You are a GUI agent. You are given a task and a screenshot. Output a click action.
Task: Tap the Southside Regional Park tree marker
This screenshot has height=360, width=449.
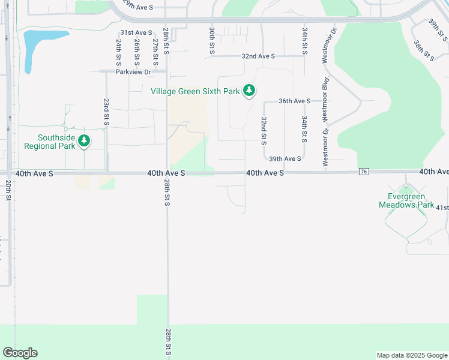coord(85,141)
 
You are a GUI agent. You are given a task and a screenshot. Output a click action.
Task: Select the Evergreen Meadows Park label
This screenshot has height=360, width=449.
coord(406,200)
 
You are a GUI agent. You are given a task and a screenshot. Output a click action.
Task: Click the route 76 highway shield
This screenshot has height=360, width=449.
coord(364,172)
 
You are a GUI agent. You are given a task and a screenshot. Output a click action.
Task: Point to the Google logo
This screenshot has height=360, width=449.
coord(20,353)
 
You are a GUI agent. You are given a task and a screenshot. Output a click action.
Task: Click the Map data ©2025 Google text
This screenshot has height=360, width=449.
coord(411,355)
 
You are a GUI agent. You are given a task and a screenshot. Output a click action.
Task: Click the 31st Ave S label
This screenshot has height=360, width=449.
coord(136,32)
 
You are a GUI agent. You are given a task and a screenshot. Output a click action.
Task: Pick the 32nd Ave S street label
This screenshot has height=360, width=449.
coord(258,56)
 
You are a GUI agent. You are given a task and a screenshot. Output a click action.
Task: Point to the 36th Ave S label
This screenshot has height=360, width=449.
coord(294,101)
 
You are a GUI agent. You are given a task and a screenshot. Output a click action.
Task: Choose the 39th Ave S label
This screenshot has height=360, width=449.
coord(285,159)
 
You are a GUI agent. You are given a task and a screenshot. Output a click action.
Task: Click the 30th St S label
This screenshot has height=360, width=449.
coord(212,40)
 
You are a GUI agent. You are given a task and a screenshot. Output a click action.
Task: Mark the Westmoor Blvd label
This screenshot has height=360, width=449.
coord(325,96)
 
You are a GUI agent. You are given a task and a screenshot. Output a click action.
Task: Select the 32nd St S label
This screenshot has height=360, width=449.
coord(264,131)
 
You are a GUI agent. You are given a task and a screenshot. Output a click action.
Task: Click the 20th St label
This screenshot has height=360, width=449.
coord(9,192)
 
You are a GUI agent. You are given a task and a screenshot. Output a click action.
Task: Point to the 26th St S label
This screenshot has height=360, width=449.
coord(137,52)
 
